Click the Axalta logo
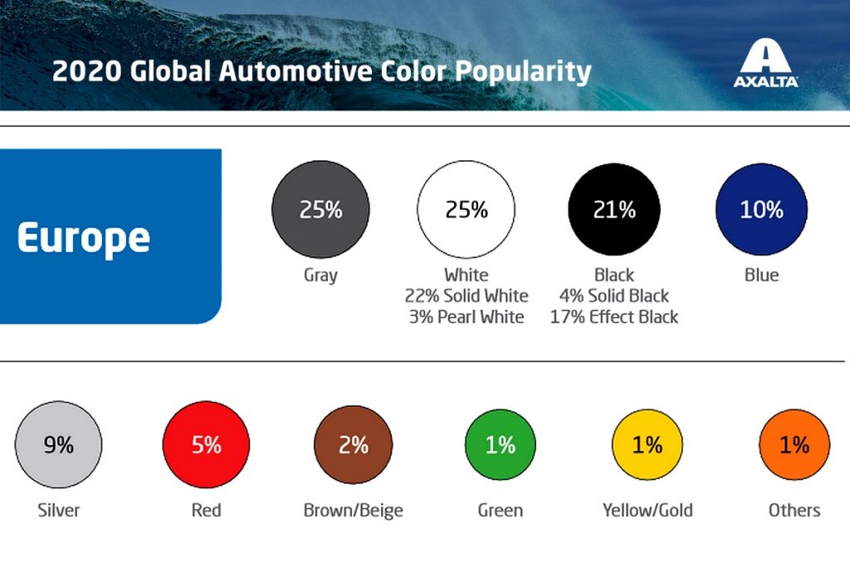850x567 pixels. click(x=765, y=65)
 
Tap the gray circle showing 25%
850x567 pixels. click(x=320, y=209)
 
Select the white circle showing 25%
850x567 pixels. click(x=467, y=209)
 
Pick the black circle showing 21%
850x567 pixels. click(x=614, y=209)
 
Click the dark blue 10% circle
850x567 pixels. click(x=761, y=209)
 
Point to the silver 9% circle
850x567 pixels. click(x=59, y=445)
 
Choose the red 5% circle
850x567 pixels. click(x=206, y=445)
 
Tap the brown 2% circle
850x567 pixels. click(x=353, y=445)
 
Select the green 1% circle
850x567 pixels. click(x=501, y=445)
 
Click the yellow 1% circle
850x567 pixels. click(x=647, y=445)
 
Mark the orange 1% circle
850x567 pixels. click(x=794, y=445)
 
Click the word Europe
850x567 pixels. click(x=83, y=238)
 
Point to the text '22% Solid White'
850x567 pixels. click(x=467, y=296)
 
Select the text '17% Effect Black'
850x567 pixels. click(x=614, y=316)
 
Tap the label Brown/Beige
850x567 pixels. click(x=353, y=510)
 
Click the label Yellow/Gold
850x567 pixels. click(x=647, y=510)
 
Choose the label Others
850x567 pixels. click(x=794, y=510)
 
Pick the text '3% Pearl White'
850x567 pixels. click(x=467, y=316)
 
